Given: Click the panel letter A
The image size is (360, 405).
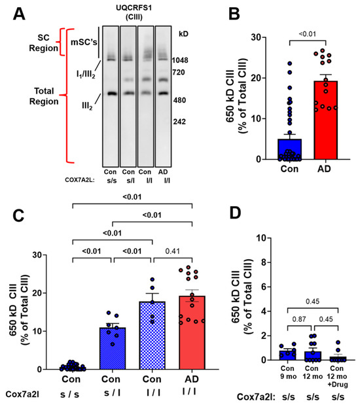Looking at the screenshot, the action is [19, 14].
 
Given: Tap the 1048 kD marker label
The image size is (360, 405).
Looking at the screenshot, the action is [180, 60].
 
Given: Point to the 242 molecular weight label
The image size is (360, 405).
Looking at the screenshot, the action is [179, 122].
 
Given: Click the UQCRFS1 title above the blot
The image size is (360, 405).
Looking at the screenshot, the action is [134, 8].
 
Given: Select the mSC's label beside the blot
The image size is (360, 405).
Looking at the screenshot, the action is [84, 42].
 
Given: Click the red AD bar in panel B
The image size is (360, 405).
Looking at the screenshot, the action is [325, 120].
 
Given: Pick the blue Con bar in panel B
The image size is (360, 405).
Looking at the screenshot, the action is [290, 149].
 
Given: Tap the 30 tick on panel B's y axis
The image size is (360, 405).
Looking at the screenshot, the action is [256, 37].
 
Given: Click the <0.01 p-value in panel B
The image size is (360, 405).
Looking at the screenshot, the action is [308, 34].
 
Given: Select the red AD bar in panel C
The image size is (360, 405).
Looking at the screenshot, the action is [192, 332].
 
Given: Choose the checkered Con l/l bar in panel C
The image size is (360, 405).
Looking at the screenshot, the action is [153, 336].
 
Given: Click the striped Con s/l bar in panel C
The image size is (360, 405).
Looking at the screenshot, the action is [113, 349].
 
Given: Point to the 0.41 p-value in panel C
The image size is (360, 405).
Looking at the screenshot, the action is [172, 251].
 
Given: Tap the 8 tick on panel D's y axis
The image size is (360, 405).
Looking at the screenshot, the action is [263, 262].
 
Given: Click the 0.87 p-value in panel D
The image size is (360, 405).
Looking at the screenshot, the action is [299, 319].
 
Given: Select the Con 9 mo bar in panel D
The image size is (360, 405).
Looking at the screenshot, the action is [287, 355].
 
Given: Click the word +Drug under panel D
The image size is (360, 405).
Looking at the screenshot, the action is [338, 385].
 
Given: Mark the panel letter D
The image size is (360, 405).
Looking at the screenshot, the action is [235, 213].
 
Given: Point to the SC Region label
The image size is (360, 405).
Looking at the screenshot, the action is [43, 43].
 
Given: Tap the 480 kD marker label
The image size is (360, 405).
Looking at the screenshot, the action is [179, 100].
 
